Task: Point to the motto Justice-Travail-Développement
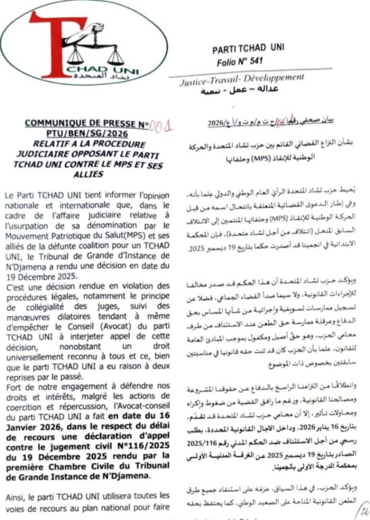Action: [242, 80]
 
